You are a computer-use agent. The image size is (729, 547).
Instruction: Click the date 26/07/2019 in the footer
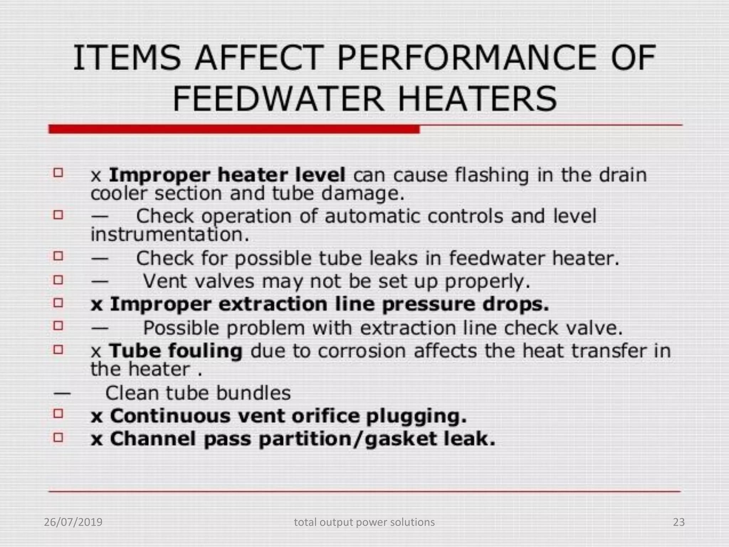pos(73,522)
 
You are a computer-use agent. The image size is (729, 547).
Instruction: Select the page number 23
pos(679,522)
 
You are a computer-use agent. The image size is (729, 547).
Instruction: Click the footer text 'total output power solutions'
pos(364,522)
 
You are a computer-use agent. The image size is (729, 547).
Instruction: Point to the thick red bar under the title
pos(234,129)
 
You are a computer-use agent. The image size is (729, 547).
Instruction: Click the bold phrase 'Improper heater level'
pos(227,175)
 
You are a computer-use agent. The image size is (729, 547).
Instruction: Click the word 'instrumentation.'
pos(170,234)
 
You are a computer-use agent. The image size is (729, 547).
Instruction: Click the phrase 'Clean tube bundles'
pos(198,393)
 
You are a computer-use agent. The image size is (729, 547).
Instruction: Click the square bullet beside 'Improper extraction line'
pos(58,303)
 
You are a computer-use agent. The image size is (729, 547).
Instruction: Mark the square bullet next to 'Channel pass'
pos(58,437)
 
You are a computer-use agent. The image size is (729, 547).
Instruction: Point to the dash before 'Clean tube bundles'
pos(62,394)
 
